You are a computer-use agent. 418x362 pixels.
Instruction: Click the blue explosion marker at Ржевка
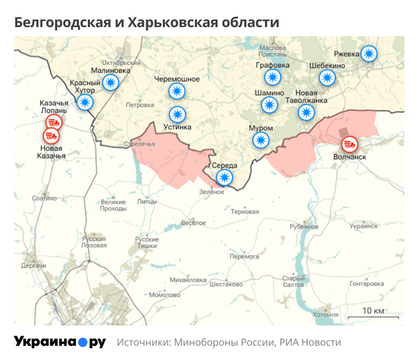point(370,54)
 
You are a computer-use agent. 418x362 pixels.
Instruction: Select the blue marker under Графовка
point(272,78)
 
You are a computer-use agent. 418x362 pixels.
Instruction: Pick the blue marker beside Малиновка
point(111,82)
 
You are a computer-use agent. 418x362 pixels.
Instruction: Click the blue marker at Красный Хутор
point(85,103)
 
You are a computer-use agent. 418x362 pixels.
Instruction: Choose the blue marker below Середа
point(224,178)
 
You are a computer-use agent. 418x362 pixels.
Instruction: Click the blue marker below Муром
point(260,141)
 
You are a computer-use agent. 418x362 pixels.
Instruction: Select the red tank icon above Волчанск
point(350,145)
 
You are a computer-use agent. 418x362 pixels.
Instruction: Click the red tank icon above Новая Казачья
point(54,136)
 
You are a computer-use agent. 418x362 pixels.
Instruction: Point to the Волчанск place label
point(350,157)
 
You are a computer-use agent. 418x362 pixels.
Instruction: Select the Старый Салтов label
point(293,281)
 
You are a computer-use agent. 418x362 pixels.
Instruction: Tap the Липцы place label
point(147,202)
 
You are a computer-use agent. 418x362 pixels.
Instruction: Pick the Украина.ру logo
point(59,342)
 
